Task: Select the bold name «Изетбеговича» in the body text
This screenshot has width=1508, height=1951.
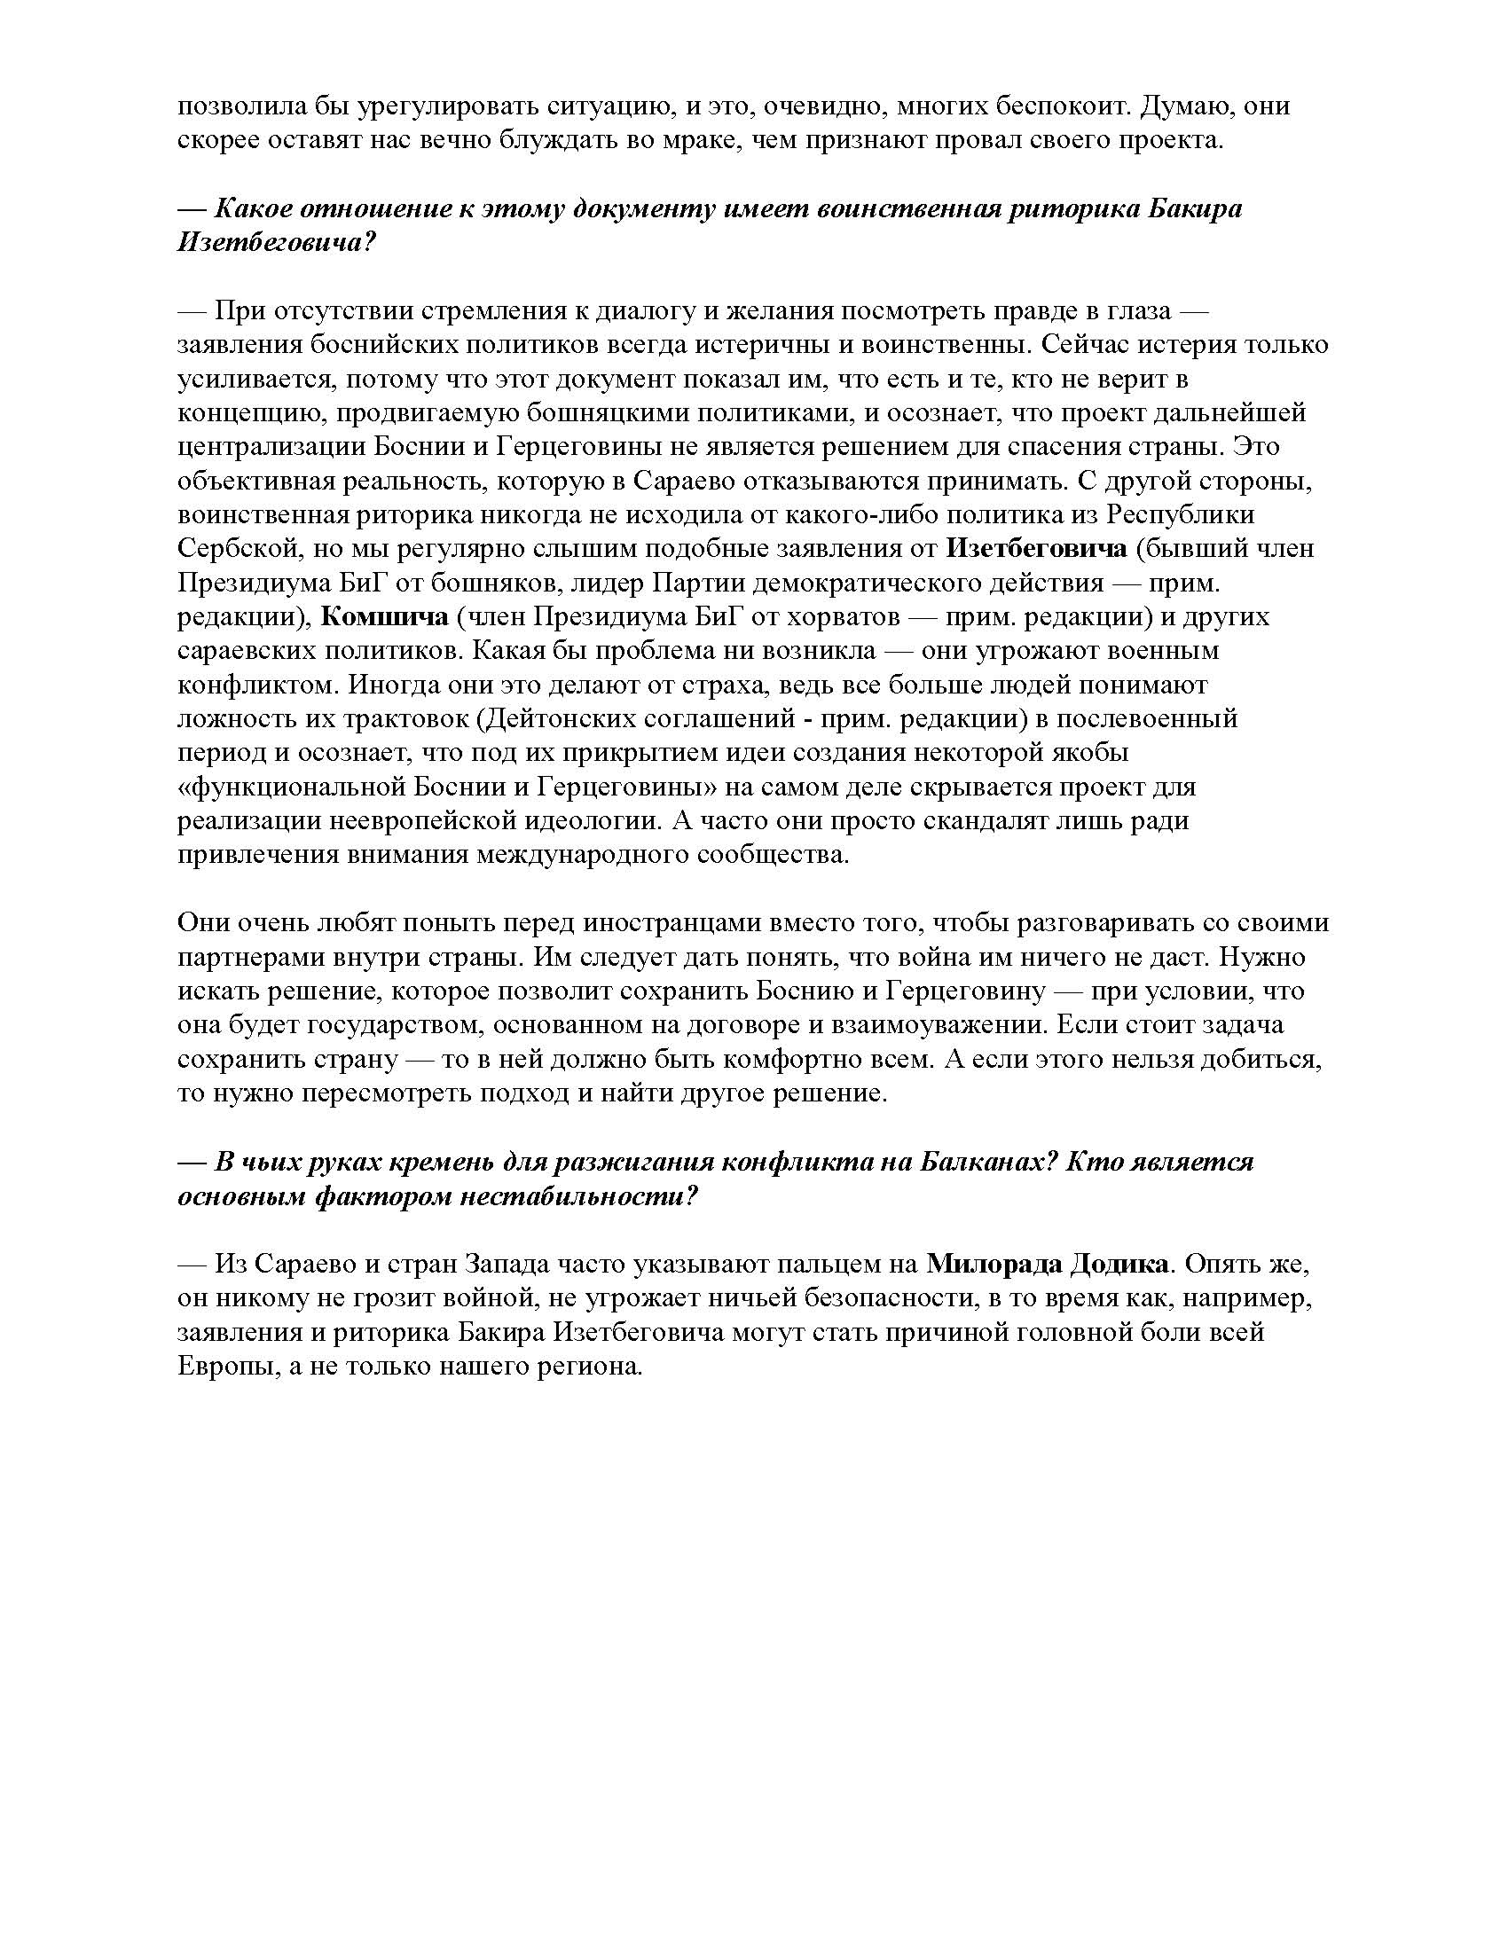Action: click(1036, 548)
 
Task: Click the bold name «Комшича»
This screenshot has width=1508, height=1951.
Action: click(384, 617)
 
